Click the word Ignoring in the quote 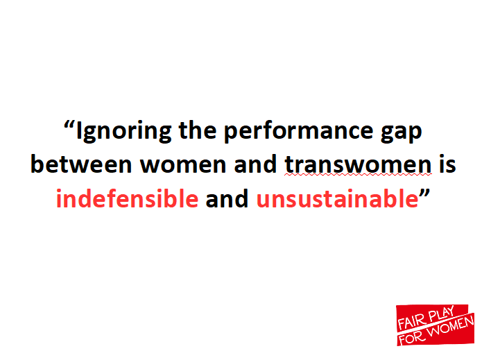[124, 132]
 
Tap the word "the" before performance [198, 130]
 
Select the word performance [298, 132]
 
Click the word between [81, 164]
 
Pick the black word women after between [183, 166]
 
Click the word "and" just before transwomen [255, 164]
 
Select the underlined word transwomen [359, 164]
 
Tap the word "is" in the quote [447, 164]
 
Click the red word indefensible [127, 198]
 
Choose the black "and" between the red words [227, 198]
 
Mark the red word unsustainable [338, 198]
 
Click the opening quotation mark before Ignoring [69, 125]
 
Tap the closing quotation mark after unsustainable [424, 193]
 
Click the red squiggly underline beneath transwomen [359, 175]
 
